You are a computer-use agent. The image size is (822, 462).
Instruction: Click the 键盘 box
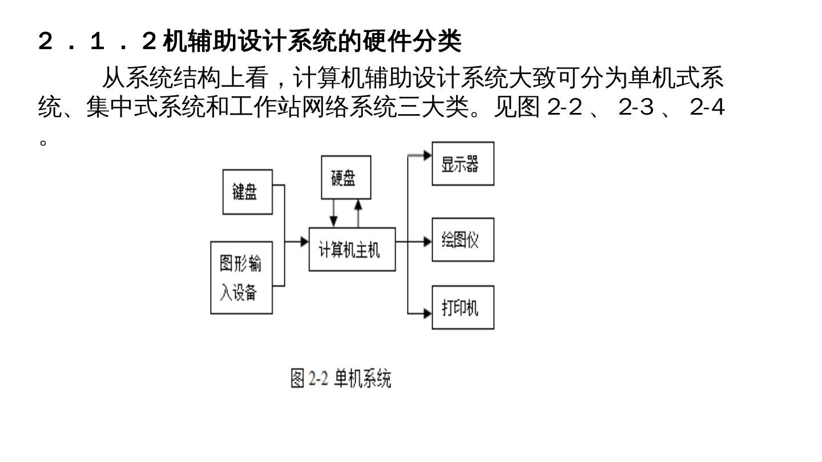click(247, 192)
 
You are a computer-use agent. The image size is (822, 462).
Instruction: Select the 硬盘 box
click(346, 177)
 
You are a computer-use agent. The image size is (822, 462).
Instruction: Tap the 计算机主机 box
click(352, 249)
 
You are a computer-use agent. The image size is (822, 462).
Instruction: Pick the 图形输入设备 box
click(241, 277)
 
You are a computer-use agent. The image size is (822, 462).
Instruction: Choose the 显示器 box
click(462, 164)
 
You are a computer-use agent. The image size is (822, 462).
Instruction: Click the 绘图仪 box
click(462, 240)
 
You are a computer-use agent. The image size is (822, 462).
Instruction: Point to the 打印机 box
click(462, 307)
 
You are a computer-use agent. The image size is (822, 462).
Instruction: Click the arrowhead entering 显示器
click(427, 155)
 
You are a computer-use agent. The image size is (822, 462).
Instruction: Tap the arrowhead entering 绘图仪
click(427, 242)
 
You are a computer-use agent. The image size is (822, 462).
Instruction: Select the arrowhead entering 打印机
click(427, 313)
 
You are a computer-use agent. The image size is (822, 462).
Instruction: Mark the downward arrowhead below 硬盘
click(334, 222)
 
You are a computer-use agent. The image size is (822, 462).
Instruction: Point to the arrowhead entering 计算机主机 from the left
click(304, 242)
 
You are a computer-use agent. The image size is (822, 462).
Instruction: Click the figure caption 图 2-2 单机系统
click(341, 378)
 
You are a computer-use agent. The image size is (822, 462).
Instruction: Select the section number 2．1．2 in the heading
click(97, 41)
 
